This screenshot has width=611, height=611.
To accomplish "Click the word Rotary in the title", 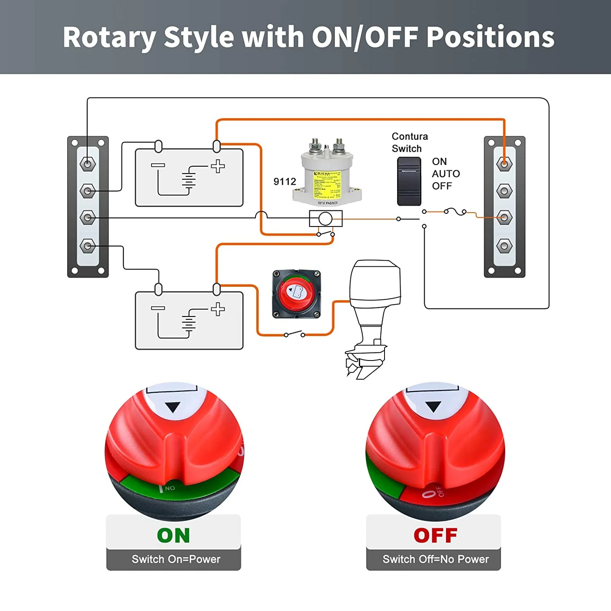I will tap(109, 37).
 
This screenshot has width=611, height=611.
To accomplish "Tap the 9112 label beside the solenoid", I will tap(285, 182).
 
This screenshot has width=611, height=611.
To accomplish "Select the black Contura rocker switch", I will tap(409, 181).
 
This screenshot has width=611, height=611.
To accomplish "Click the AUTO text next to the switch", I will tap(446, 174).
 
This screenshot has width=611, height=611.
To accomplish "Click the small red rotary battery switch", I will tap(297, 293).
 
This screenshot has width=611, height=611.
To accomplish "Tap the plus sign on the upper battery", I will tap(218, 166).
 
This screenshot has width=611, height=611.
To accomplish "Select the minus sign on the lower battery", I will tap(158, 308).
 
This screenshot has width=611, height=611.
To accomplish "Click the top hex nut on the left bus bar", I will tap(88, 164).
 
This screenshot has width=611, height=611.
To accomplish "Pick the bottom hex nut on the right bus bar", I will tap(504, 246).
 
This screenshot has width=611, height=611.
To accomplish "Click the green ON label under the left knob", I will tap(174, 536).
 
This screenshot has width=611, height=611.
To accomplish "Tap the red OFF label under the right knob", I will tap(435, 536).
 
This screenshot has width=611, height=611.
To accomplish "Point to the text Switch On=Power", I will tap(176, 559).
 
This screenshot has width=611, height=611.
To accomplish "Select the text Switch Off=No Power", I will tap(435, 559).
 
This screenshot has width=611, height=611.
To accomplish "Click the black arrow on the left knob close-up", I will tap(173, 407).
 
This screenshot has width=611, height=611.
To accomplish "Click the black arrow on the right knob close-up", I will tap(433, 406).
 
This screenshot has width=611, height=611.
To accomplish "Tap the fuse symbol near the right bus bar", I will tap(455, 211).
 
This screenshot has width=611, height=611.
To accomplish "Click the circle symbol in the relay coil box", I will tap(325, 219).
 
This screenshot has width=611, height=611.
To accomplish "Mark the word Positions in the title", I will tap(490, 37).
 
